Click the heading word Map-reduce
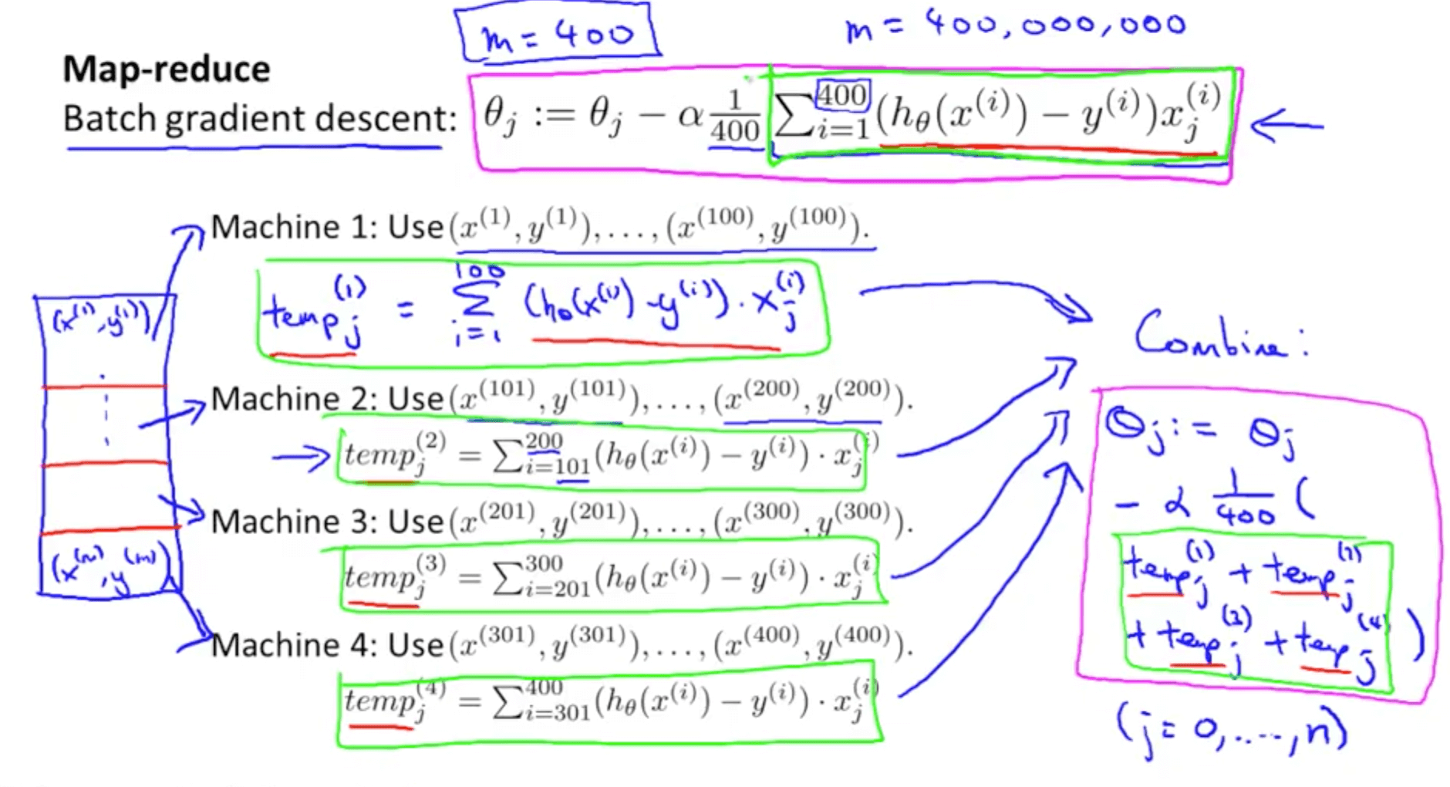coord(167,69)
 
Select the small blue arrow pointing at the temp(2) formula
coord(302,458)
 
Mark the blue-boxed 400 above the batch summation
coord(842,96)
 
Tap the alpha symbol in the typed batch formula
coord(690,116)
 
